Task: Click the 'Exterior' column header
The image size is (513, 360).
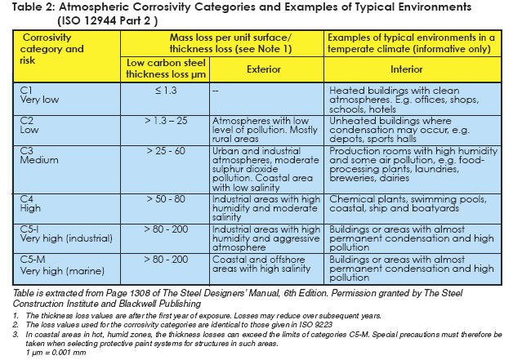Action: point(268,69)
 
